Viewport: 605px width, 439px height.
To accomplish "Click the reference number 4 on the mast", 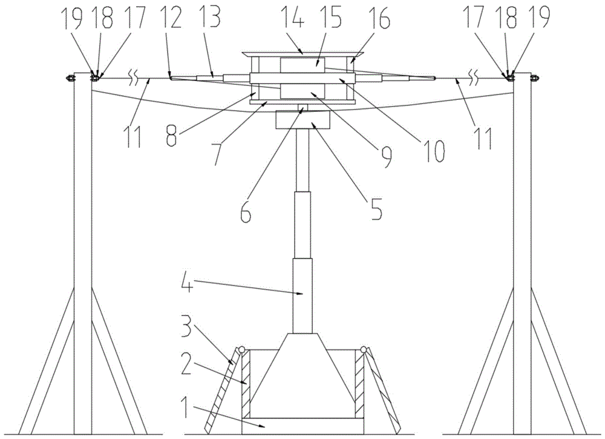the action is (187, 281).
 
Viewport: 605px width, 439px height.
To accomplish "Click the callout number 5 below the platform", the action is (376, 208).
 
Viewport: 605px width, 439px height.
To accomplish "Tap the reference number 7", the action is (220, 154).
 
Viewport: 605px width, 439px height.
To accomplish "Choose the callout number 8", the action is (173, 136).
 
